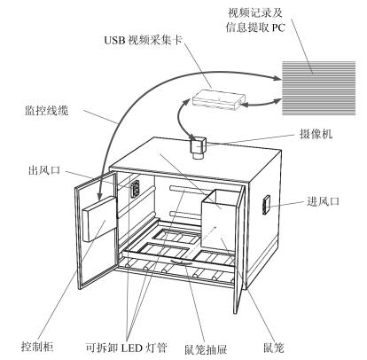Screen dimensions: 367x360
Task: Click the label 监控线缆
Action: click(46, 111)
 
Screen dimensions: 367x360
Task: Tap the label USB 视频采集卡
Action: click(143, 40)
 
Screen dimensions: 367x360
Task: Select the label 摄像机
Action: click(316, 134)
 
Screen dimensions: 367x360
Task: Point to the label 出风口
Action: click(44, 170)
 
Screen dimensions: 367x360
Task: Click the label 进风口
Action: click(324, 201)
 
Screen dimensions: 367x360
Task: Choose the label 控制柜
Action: click(37, 346)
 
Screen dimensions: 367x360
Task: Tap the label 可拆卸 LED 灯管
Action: click(127, 348)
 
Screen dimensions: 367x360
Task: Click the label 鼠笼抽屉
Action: click(206, 349)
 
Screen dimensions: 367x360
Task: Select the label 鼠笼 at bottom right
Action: click(274, 348)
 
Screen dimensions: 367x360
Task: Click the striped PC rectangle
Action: click(319, 88)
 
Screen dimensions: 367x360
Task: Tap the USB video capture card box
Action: click(219, 99)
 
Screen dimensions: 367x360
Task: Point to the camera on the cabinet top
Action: click(198, 147)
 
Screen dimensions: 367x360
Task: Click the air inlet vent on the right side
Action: click(266, 205)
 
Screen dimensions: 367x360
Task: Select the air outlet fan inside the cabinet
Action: click(135, 189)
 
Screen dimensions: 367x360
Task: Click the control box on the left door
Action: click(99, 219)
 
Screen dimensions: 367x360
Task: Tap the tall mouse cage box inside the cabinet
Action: click(221, 219)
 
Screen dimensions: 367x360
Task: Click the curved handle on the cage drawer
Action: click(183, 262)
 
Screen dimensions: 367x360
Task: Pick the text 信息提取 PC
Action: click(255, 27)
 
